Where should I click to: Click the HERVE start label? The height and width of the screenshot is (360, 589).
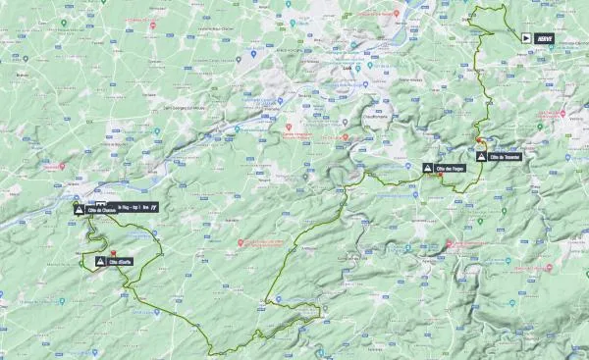pyautogui.click(x=545, y=37)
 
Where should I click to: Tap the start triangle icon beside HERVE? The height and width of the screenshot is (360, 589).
pyautogui.click(x=527, y=37)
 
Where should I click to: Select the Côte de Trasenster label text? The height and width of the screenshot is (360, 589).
pyautogui.click(x=504, y=157)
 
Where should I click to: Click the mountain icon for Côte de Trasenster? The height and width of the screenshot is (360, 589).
pyautogui.click(x=480, y=157)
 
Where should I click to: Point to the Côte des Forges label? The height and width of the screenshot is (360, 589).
pyautogui.click(x=451, y=169)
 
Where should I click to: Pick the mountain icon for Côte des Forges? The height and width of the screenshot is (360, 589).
pyautogui.click(x=427, y=169)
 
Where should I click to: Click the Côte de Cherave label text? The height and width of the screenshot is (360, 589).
pyautogui.click(x=101, y=208)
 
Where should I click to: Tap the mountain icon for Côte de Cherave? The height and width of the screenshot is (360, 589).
pyautogui.click(x=78, y=208)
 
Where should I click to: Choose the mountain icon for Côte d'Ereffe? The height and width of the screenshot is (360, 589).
pyautogui.click(x=102, y=262)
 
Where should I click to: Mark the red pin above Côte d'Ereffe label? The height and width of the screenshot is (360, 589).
pyautogui.click(x=114, y=252)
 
